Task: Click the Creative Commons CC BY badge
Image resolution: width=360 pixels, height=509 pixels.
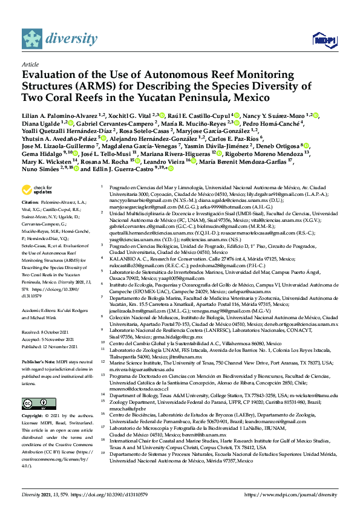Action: pos(35,404)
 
